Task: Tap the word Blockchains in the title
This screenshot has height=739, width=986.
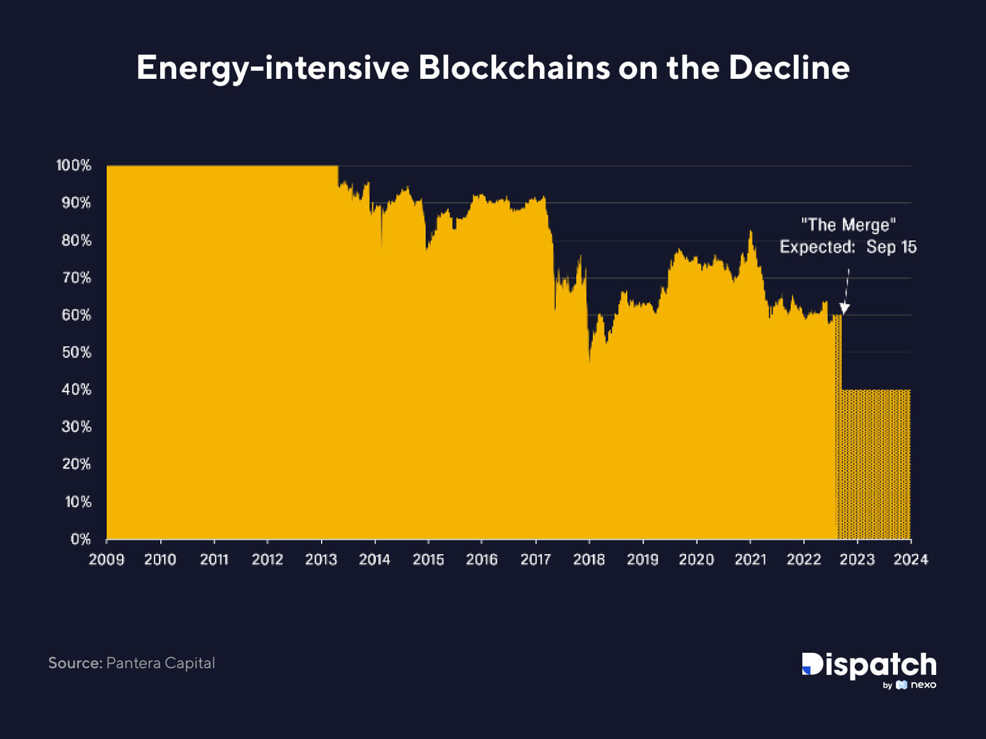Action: click(514, 67)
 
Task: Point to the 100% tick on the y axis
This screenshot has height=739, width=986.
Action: click(73, 165)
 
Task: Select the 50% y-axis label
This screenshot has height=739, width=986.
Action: click(76, 352)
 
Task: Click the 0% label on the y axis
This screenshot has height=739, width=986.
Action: click(80, 539)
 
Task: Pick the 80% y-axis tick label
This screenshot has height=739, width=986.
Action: click(76, 240)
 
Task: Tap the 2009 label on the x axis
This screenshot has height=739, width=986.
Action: click(107, 559)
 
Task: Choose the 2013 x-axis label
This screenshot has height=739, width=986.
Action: click(321, 559)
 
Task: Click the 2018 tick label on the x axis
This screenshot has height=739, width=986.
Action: click(589, 559)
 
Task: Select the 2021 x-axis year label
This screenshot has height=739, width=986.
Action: click(750, 559)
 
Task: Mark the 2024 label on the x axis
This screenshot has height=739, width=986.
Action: click(911, 559)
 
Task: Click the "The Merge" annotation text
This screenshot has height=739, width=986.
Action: click(848, 225)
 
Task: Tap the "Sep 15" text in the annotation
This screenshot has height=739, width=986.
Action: click(891, 247)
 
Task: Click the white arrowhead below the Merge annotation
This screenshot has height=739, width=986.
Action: click(844, 308)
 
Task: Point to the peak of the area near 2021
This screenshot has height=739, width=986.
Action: click(751, 232)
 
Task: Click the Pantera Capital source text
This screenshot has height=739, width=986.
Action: click(160, 663)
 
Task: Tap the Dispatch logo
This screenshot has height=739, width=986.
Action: click(869, 665)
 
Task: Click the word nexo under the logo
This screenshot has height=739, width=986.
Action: click(923, 685)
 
